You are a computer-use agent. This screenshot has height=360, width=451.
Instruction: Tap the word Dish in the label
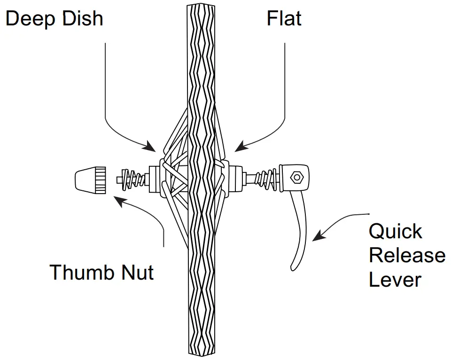pyautogui.click(x=83, y=19)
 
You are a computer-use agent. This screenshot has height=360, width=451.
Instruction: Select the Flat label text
pyautogui.click(x=284, y=19)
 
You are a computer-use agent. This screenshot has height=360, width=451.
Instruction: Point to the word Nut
pyautogui.click(x=137, y=273)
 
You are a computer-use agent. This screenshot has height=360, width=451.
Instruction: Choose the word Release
pyautogui.click(x=407, y=256)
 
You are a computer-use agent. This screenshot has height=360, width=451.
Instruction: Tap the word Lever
pyautogui.click(x=395, y=280)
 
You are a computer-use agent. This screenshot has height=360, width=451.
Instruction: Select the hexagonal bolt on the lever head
pyautogui.click(x=296, y=178)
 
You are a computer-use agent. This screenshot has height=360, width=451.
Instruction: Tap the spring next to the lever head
pyautogui.click(x=268, y=179)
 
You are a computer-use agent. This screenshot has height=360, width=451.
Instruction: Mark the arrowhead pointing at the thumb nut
pyautogui.click(x=118, y=201)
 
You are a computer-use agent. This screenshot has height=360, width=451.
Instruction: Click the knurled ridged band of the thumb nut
pyautogui.click(x=99, y=179)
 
